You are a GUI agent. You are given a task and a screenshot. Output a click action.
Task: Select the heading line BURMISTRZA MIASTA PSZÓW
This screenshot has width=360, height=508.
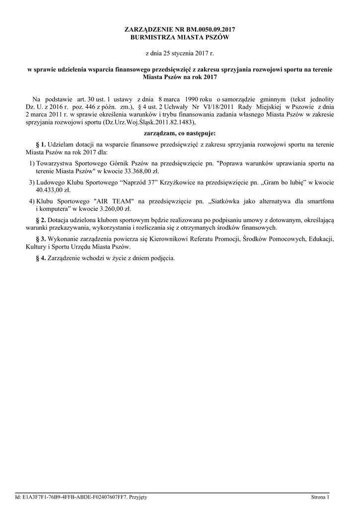pos(180,37)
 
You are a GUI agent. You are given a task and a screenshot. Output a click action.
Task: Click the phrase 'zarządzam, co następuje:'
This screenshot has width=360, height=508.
pos(180,133)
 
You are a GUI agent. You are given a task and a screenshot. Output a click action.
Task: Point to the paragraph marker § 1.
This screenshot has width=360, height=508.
pos(41,144)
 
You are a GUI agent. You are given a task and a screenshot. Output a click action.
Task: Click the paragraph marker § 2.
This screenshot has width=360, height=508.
pos(41,220)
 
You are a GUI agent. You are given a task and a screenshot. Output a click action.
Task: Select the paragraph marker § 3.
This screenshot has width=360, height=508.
pos(41,239)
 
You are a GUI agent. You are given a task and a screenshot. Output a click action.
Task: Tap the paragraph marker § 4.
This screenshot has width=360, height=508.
pos(41,258)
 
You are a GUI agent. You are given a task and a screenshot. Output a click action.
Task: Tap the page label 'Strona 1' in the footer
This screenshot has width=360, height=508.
pos(320,497)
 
